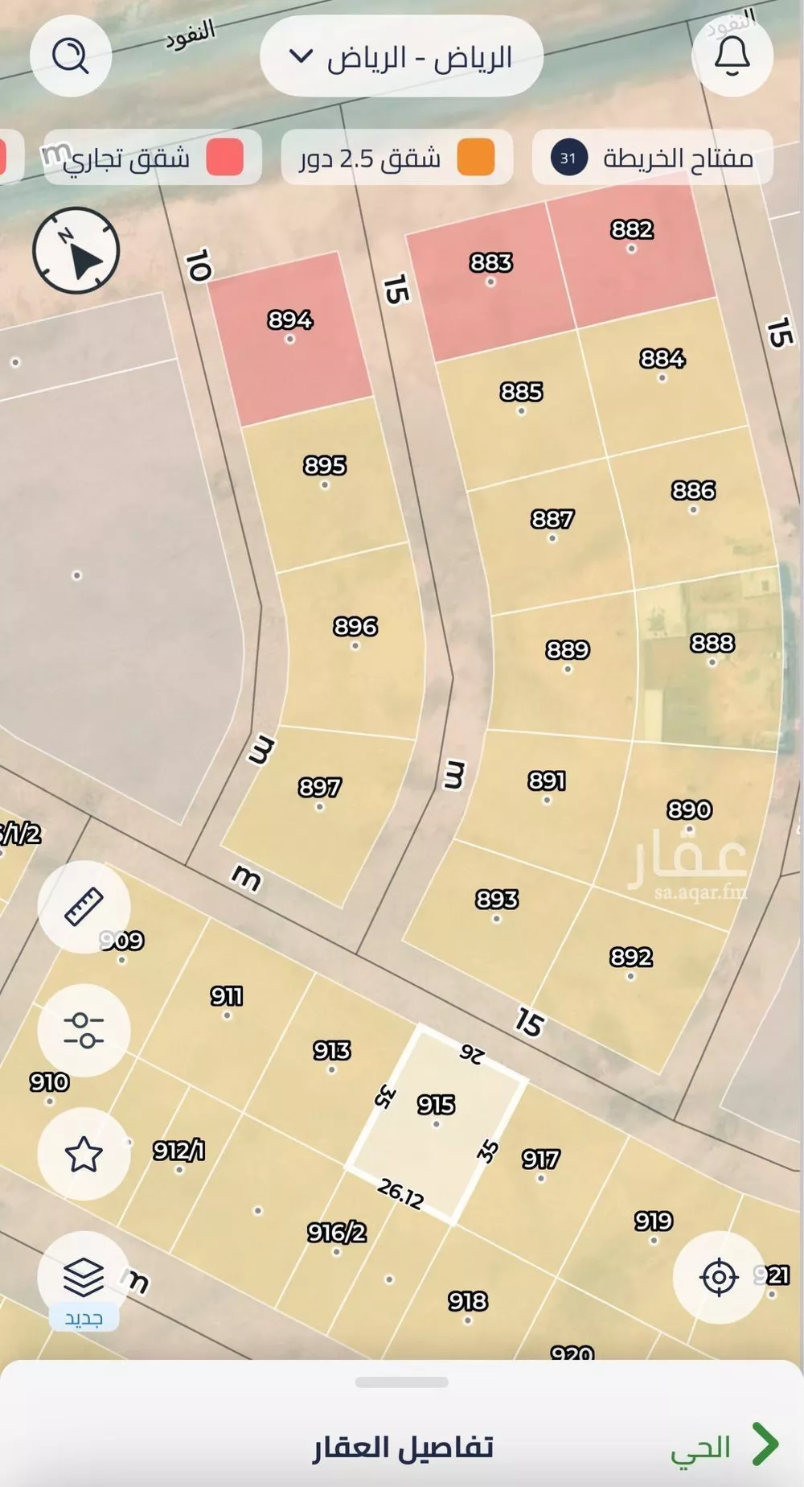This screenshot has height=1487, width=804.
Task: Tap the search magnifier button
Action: coord(70,56)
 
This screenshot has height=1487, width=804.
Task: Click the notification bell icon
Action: coord(732,56)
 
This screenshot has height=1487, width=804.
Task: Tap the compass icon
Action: coord(76,250)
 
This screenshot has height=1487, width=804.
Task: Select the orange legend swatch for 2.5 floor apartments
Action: coord(476,158)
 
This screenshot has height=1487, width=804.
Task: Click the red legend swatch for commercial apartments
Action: coord(224,158)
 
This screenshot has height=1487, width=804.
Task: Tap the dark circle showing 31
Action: coord(568,158)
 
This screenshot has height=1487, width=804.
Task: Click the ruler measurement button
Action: coord(84,907)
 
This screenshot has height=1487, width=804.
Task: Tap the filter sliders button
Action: coord(84,1030)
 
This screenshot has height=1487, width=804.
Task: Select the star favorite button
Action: coord(84,1154)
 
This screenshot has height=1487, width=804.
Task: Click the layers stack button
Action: coord(84,1275)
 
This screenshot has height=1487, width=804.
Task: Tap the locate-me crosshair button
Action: coord(719,1277)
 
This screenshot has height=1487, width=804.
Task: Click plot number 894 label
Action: coord(290,320)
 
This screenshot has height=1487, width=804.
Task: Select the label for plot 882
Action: coord(632,229)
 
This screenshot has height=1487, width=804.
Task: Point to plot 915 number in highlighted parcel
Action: coord(437,1105)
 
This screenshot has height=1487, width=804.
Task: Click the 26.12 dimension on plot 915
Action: coord(400,1194)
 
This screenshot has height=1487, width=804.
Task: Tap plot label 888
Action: coord(712,643)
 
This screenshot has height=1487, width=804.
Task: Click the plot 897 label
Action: coord(320,787)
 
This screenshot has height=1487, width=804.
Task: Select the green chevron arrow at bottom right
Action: coord(765,1444)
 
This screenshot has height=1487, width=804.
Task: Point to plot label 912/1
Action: coord(179,1151)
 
